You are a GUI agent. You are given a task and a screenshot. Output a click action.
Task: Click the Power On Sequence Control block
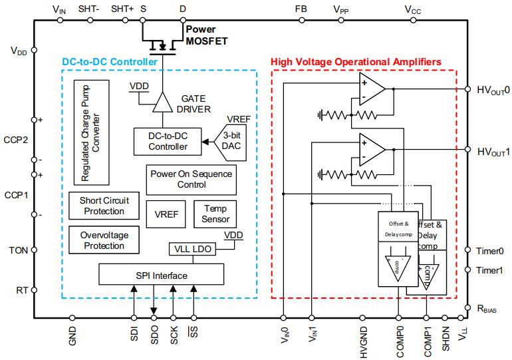coord(191,178)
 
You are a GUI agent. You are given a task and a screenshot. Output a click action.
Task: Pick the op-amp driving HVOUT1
coord(371,150)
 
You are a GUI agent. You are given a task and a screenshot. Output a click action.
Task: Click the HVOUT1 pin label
coord(493,151)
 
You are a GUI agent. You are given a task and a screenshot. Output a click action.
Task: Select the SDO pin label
coord(154,335)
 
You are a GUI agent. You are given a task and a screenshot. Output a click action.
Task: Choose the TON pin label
coord(18,251)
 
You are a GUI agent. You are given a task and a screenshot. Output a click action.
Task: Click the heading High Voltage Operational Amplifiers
coord(356,62)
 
